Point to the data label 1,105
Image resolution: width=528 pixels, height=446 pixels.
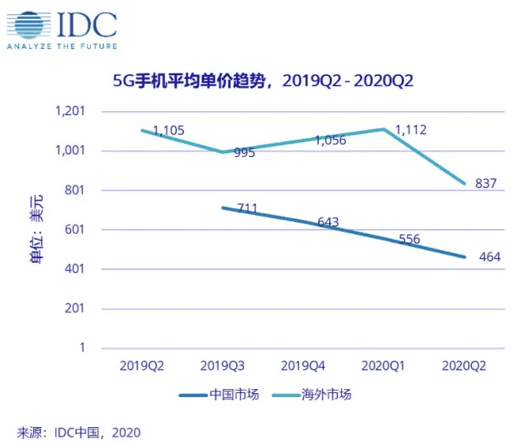pos(169,131)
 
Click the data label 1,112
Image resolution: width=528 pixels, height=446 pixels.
pos(410,129)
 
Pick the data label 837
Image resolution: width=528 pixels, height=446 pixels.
pos(485,183)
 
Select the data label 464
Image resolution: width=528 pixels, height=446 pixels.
pos(489,257)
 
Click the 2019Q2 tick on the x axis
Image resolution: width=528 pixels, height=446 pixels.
pos(142,366)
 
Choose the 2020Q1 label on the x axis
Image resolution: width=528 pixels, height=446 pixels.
pos(383,366)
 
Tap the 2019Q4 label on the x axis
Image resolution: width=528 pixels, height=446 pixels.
pos(302,366)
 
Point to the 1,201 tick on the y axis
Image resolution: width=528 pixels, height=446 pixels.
pos(70,111)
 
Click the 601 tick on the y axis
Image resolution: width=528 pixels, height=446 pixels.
pos(75,230)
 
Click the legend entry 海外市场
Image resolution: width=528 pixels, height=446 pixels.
pos(312,395)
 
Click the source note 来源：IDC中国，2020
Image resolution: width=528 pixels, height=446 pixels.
pos(78,432)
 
